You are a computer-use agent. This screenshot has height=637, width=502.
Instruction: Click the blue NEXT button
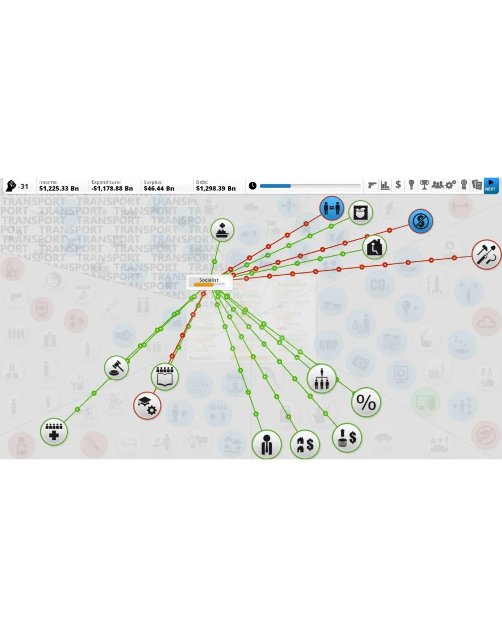[490, 185]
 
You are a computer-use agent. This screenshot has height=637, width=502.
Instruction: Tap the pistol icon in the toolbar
[372, 185]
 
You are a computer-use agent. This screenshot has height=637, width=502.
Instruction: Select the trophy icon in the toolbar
[424, 185]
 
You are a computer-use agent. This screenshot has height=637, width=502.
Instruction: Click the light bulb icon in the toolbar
[411, 185]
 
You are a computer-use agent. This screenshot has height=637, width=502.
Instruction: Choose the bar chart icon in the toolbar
[385, 185]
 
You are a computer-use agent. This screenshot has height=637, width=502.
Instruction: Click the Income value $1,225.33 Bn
[59, 189]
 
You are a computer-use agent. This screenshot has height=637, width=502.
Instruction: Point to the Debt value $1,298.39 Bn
[216, 189]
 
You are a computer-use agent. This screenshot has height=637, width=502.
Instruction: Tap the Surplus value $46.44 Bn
[159, 189]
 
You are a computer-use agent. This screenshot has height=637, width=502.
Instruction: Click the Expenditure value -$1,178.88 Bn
[112, 189]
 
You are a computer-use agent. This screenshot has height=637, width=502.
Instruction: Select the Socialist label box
[209, 282]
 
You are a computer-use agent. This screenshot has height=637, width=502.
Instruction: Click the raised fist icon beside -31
[10, 186]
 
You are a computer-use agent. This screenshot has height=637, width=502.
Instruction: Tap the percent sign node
[366, 403]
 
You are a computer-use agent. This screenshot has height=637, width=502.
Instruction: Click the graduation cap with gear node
[147, 405]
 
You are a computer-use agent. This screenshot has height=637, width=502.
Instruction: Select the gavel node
[117, 367]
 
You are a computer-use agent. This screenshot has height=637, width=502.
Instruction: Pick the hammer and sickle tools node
[487, 255]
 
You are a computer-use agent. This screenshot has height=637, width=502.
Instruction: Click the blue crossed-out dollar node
[421, 222]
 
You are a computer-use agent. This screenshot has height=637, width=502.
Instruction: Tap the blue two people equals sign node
[332, 208]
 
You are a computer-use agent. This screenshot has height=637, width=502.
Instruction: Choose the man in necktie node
[267, 444]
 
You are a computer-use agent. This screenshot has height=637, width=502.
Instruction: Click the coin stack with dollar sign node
[347, 438]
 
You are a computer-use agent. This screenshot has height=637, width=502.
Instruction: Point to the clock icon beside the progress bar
[253, 186]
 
